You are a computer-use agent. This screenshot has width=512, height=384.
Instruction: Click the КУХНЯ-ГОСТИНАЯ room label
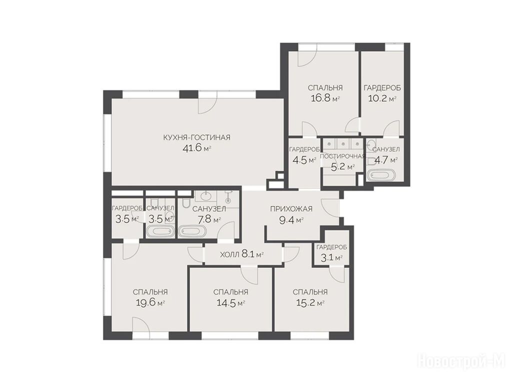(196, 137)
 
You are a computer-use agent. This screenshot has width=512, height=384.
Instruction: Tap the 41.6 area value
(192, 149)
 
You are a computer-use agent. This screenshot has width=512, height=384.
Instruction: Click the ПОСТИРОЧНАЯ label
(342, 156)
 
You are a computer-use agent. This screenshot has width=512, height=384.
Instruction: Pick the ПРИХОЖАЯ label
(291, 209)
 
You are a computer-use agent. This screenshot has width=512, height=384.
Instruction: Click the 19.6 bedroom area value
(145, 302)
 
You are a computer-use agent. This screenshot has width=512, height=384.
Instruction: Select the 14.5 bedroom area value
(226, 302)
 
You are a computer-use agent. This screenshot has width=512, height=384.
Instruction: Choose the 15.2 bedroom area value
(305, 302)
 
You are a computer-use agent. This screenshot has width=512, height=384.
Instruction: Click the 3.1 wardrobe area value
(327, 258)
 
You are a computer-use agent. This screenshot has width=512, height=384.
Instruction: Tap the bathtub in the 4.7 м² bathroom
(381, 175)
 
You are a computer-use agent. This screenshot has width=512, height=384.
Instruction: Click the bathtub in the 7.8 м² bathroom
(192, 232)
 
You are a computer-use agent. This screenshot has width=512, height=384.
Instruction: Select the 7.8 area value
(204, 219)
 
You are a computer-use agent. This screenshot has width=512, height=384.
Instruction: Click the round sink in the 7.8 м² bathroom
(205, 196)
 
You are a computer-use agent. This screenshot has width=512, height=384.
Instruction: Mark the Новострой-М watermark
(461, 361)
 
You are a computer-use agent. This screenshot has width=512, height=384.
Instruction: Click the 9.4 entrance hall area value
(285, 220)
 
